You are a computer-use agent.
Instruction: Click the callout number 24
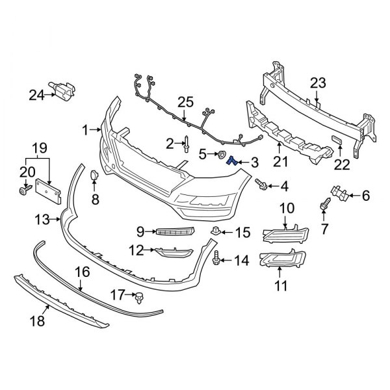click(35, 95)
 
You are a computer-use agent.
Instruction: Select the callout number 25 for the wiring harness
click(186, 102)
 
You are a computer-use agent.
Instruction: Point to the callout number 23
click(317, 83)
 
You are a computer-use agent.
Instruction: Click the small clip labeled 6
click(338, 191)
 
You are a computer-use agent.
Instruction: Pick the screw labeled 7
click(323, 207)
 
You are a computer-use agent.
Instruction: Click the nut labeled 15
click(215, 231)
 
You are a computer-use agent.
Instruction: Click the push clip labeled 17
click(138, 298)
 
